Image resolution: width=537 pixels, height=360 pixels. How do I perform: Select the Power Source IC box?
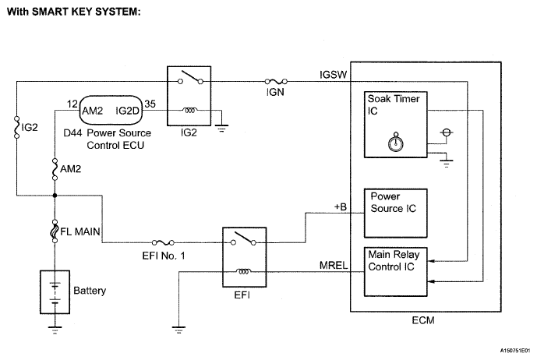(396, 208)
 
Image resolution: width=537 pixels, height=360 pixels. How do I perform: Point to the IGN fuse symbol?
(277, 80)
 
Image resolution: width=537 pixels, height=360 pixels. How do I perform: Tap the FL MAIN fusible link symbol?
(55, 231)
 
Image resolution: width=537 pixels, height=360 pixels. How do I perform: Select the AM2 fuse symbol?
(55, 167)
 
